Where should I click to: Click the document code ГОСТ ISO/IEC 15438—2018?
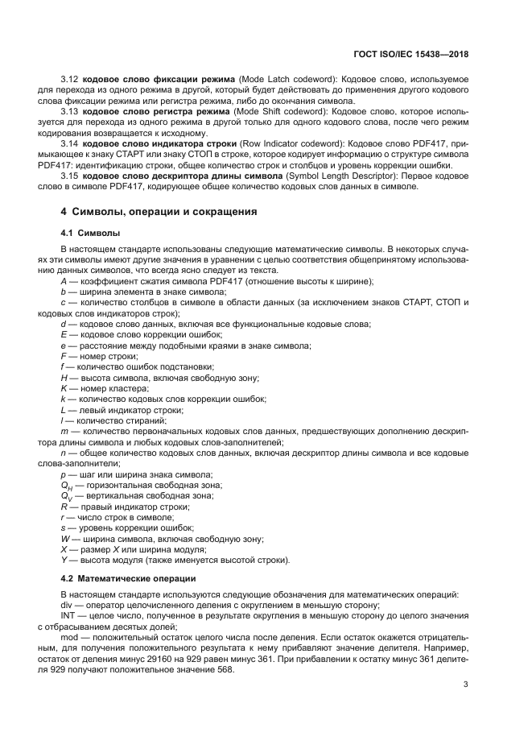tap(410, 55)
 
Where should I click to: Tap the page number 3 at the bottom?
tap(465, 685)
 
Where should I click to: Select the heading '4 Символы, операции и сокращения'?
tap(159, 213)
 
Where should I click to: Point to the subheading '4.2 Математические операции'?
tap(127, 578)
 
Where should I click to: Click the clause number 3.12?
tap(70, 81)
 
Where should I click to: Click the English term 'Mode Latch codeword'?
tap(287, 81)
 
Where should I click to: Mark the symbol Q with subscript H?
tap(67, 485)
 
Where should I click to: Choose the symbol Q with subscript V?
tap(67, 496)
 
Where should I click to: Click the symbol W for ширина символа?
tap(65, 538)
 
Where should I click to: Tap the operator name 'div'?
tap(67, 605)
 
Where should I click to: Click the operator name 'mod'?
tap(70, 636)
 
